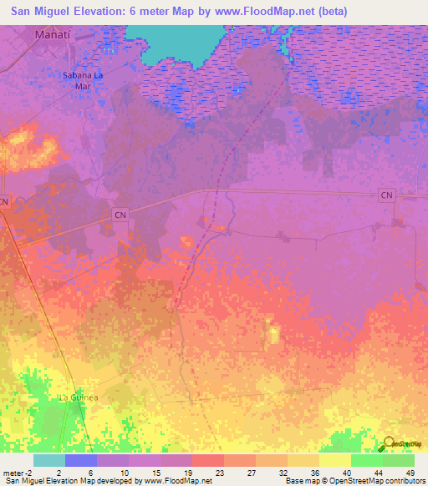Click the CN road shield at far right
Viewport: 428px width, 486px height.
385,195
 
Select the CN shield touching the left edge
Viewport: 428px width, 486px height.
5,201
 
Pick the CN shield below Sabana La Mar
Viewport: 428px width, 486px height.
119,215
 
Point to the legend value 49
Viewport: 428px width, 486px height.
410,472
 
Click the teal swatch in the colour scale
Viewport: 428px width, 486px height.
48,460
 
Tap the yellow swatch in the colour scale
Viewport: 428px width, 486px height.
334,460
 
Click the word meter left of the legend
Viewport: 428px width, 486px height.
10,472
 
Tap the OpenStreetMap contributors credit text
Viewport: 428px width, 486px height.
376,481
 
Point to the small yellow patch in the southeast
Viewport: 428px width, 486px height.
273,334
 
